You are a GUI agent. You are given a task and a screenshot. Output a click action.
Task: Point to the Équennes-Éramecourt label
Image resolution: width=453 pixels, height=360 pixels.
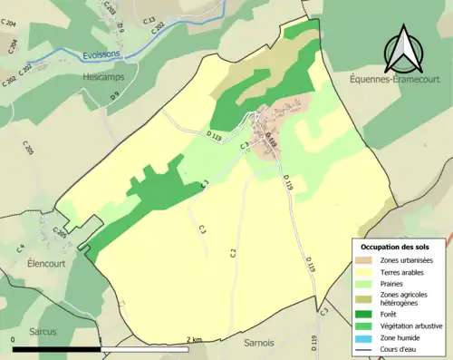click(397, 80)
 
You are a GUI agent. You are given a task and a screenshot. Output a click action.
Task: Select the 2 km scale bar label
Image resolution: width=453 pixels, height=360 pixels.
click(194, 340)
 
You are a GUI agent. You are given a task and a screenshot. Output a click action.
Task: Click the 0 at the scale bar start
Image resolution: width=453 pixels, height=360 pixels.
click(14, 340)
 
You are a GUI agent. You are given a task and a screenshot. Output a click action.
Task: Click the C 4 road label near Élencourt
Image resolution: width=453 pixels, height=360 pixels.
click(19, 247)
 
